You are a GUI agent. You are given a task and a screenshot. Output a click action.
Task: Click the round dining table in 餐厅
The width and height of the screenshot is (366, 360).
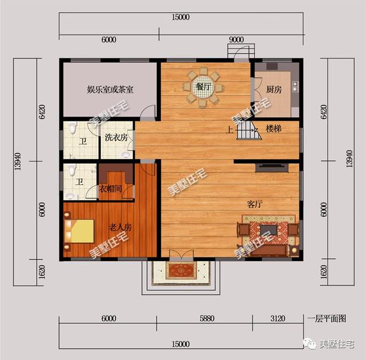point(203,87)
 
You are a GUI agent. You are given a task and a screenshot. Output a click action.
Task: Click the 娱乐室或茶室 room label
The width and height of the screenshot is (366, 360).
point(110,89)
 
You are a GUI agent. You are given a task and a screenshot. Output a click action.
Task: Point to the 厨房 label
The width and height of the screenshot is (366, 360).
point(274,89)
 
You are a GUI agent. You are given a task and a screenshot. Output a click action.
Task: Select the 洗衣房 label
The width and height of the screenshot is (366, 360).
point(116,137)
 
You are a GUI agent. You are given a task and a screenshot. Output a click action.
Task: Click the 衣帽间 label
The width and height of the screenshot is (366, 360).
point(110,189)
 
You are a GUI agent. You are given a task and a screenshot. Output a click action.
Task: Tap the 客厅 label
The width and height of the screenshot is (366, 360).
point(254,204)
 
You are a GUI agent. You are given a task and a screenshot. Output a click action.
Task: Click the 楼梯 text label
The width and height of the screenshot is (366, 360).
point(273,129)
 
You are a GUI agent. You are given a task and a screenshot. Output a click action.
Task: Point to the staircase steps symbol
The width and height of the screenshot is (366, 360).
point(249,130)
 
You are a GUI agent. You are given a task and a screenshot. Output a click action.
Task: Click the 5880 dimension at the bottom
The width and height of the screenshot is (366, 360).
point(207,318)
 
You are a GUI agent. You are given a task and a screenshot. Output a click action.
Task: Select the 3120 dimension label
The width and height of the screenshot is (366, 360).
point(278,318)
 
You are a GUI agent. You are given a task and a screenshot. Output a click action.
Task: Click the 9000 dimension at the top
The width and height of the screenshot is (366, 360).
point(236,39)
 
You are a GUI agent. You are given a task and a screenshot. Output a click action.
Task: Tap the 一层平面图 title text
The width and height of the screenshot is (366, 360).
point(327,319)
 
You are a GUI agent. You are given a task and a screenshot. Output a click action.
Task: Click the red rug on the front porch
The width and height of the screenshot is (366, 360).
point(181,270)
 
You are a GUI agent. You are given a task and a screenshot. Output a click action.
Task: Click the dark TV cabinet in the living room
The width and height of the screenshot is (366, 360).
point(272,168)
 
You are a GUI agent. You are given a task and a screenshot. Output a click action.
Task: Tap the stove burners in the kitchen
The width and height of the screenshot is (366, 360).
point(295,86)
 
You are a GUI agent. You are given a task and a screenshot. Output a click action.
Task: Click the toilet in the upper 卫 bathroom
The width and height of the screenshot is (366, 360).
point(73,128)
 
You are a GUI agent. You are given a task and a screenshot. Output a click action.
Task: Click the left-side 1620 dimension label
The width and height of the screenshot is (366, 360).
point(42,272)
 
